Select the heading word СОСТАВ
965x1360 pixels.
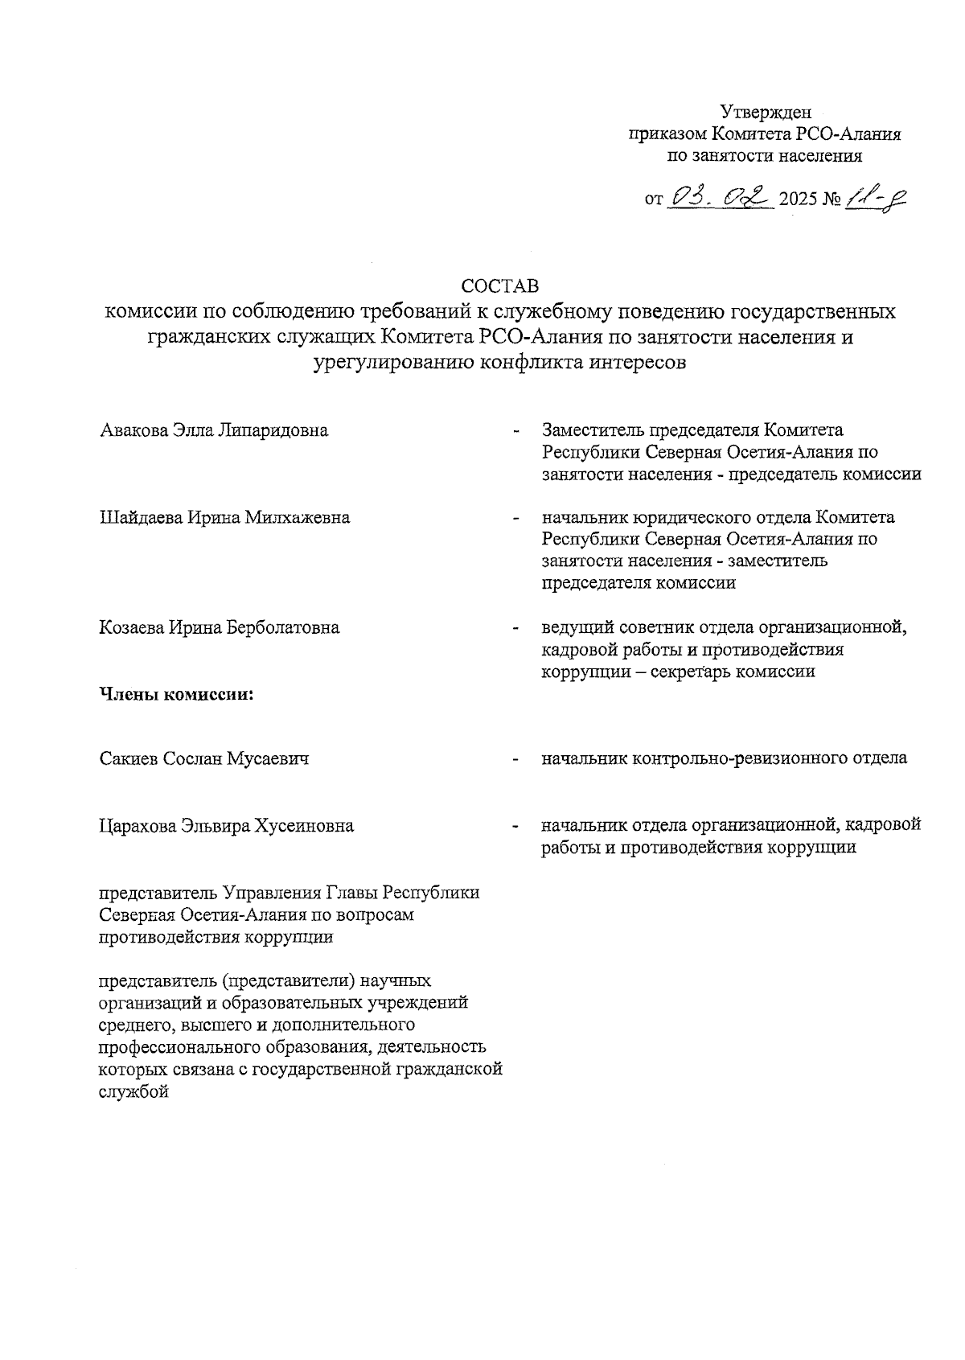coord(499,286)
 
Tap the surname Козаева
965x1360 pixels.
coord(131,627)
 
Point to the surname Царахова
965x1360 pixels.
coord(137,826)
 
